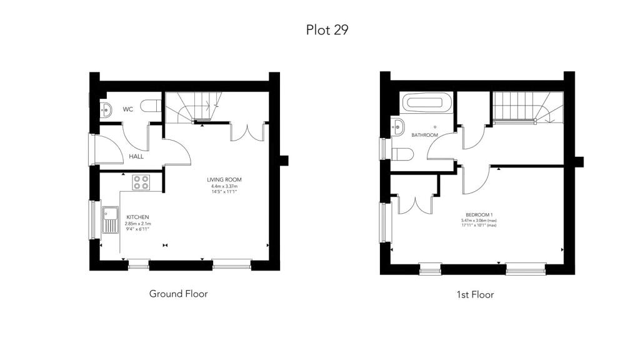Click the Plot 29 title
[327, 30]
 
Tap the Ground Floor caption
[178, 294]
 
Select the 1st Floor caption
[475, 294]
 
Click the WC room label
[128, 109]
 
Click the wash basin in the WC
[106, 110]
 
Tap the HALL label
[136, 156]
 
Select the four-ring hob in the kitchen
[141, 182]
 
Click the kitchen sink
[110, 220]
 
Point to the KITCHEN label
[137, 217]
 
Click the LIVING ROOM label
[224, 179]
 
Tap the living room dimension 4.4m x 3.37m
[224, 186]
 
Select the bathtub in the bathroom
[427, 103]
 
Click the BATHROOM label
[424, 135]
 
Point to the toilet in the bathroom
[402, 154]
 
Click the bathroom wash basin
[397, 127]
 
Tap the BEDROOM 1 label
[479, 215]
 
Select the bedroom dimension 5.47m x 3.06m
[479, 221]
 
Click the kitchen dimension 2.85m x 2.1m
[137, 224]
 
